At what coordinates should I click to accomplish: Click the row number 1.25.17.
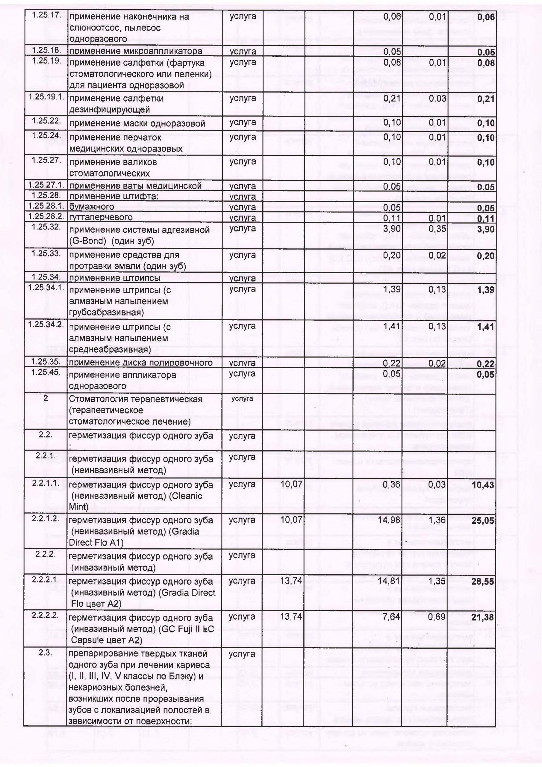(x=46, y=15)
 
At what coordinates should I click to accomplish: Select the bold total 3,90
(x=486, y=230)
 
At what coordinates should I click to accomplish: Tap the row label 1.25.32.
(x=46, y=227)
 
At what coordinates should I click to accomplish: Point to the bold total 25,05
(x=482, y=520)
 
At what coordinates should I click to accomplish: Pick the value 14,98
(x=389, y=520)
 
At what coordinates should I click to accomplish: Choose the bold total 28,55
(x=482, y=582)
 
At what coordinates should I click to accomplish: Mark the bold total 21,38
(x=482, y=617)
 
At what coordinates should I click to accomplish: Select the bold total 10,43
(x=482, y=485)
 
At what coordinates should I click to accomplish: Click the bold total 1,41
(x=486, y=327)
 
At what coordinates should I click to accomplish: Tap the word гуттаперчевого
(x=101, y=218)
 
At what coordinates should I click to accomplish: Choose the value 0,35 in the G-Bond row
(x=437, y=229)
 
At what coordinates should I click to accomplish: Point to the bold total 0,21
(x=486, y=99)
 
